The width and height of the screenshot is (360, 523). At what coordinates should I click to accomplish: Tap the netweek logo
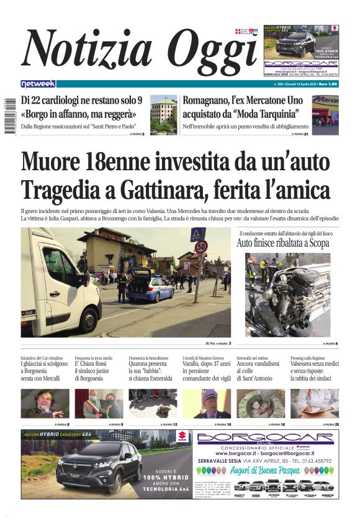[38, 84]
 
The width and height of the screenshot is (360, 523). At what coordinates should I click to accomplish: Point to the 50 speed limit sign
[200, 247]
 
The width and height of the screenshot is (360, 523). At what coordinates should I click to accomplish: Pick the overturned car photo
[287, 294]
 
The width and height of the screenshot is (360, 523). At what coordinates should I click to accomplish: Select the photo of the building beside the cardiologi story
[163, 114]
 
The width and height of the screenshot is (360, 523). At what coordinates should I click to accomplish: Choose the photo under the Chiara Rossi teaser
[99, 404]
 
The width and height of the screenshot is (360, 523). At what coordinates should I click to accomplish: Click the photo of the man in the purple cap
[207, 404]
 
